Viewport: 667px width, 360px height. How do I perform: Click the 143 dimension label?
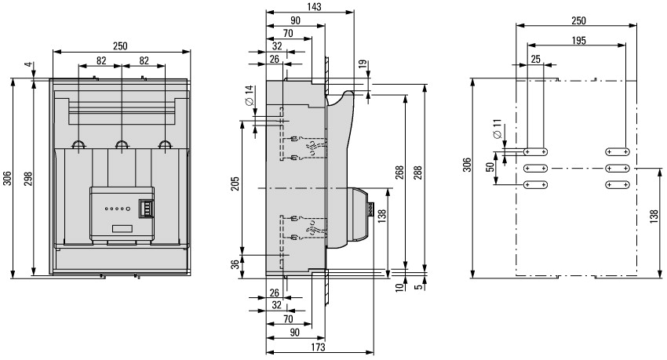[315, 6]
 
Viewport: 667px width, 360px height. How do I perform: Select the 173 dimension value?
[318, 347]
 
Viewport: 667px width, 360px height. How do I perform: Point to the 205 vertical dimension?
[236, 183]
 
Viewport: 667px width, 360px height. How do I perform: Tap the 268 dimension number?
[399, 172]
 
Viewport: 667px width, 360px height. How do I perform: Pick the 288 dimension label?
[418, 173]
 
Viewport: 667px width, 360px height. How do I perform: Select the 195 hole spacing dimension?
[578, 40]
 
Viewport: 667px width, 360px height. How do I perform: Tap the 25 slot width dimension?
[535, 59]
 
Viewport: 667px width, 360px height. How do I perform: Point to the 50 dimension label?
[491, 167]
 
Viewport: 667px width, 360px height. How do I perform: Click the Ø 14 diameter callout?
[250, 95]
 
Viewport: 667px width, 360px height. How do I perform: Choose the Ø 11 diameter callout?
[497, 129]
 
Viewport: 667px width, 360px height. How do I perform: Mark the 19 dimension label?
[363, 64]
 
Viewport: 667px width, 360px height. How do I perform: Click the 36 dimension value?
[235, 265]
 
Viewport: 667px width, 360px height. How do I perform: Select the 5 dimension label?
[419, 286]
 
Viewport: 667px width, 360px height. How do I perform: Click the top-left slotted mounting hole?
[535, 151]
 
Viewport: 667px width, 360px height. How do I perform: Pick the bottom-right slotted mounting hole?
[618, 185]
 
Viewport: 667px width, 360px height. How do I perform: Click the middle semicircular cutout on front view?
[122, 145]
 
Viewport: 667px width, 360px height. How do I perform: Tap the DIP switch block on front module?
[145, 209]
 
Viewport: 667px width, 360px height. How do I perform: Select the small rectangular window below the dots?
[122, 228]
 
